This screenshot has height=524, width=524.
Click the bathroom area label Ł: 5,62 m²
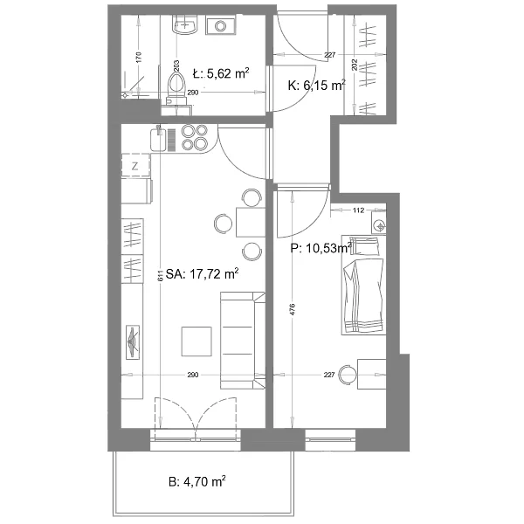tap(221, 73)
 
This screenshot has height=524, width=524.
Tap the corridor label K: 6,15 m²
tap(316, 86)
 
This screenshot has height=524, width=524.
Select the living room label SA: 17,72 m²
tap(203, 274)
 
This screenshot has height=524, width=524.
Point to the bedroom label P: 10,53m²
tap(321, 248)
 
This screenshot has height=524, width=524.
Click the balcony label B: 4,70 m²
tap(197, 482)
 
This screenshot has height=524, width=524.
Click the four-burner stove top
tap(195, 137)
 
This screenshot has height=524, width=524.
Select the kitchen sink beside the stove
tap(158, 139)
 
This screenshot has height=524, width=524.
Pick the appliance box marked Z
tap(135, 165)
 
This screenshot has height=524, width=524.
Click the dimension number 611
tap(161, 275)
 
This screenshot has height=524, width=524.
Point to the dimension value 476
tap(293, 310)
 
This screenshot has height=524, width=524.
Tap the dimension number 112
tap(358, 210)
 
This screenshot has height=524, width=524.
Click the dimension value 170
tap(140, 57)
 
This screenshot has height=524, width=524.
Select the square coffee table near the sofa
tap(196, 341)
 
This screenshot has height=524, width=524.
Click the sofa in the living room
tap(243, 341)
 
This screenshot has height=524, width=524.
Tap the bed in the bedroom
tap(364, 286)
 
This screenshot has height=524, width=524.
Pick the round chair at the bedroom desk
tap(348, 375)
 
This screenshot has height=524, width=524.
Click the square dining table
tap(251, 222)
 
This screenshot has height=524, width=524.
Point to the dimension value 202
tap(355, 65)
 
